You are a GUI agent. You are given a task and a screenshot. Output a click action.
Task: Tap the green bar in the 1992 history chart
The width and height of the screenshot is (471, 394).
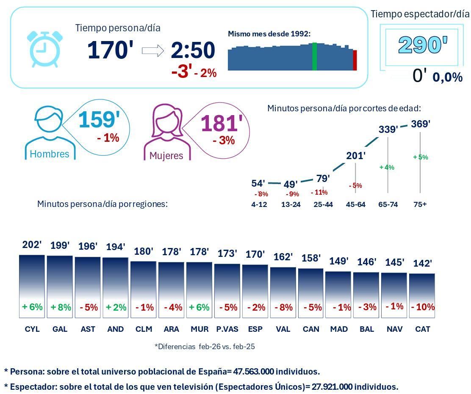(x=314, y=57)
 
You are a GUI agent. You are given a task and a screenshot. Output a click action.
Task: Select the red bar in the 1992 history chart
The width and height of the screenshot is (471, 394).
(x=355, y=60)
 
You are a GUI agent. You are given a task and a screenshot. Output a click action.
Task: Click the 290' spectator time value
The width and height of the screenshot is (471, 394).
(x=423, y=45)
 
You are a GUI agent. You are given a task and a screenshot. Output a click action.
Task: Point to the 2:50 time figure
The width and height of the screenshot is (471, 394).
(x=193, y=50)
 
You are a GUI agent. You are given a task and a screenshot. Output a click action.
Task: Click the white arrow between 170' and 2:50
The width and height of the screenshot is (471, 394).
(x=152, y=51)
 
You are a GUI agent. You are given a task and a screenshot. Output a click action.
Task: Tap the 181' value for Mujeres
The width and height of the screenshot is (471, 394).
(x=222, y=124)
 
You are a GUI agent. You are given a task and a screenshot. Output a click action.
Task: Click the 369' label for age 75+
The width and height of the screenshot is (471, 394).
(x=421, y=124)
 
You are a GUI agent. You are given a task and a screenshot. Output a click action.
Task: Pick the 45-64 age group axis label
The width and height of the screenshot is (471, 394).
(x=355, y=204)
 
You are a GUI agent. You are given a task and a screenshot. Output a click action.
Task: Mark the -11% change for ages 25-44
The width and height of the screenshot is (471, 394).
(x=319, y=192)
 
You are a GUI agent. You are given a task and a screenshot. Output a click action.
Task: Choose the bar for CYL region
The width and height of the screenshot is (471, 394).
(x=32, y=286)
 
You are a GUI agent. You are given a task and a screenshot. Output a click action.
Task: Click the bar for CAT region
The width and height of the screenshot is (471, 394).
(x=422, y=295)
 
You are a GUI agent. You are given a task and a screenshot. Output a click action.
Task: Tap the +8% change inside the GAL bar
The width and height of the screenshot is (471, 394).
(x=61, y=307)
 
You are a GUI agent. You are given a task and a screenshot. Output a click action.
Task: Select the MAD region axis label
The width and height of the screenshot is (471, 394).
(x=339, y=329)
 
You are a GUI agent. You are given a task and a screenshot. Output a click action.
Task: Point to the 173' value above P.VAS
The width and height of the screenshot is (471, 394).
(x=227, y=253)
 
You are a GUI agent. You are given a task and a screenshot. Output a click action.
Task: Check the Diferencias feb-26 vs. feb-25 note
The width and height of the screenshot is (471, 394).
(x=205, y=347)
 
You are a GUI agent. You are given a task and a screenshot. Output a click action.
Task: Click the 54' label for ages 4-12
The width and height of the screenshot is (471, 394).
(x=258, y=183)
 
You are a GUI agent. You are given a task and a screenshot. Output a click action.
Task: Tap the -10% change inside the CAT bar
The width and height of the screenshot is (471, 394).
(x=423, y=307)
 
